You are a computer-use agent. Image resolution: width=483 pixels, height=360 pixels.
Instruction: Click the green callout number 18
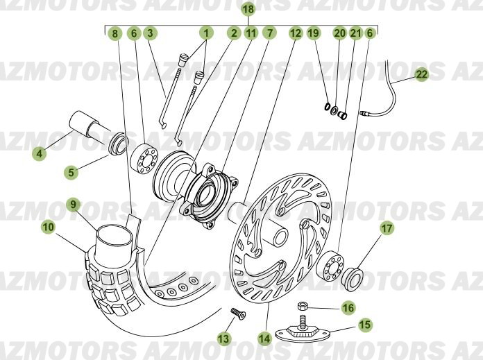(248, 9)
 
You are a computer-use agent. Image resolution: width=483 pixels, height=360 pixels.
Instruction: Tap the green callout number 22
(422, 74)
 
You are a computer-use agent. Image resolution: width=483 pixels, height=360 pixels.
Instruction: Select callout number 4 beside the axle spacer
(40, 153)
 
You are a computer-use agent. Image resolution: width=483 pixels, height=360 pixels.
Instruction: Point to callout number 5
(71, 172)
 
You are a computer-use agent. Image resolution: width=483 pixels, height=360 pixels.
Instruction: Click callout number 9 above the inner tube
(73, 204)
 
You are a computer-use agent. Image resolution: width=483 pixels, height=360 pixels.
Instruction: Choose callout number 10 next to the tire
(49, 228)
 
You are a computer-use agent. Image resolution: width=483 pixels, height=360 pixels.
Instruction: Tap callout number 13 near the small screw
(224, 338)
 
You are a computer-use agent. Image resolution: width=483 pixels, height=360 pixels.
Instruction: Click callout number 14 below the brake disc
(264, 338)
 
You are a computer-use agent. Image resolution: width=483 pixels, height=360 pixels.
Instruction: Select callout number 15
(365, 325)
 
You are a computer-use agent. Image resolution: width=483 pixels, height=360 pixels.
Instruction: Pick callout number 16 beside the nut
(348, 308)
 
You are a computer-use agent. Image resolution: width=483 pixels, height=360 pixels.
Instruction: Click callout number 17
(387, 228)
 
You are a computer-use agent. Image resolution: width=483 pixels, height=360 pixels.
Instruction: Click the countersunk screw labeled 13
(238, 314)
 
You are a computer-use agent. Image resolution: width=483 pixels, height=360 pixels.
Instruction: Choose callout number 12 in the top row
(296, 33)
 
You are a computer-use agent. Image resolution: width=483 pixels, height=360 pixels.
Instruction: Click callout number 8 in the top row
(115, 33)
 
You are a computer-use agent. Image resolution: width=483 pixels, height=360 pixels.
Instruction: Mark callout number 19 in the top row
(314, 33)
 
